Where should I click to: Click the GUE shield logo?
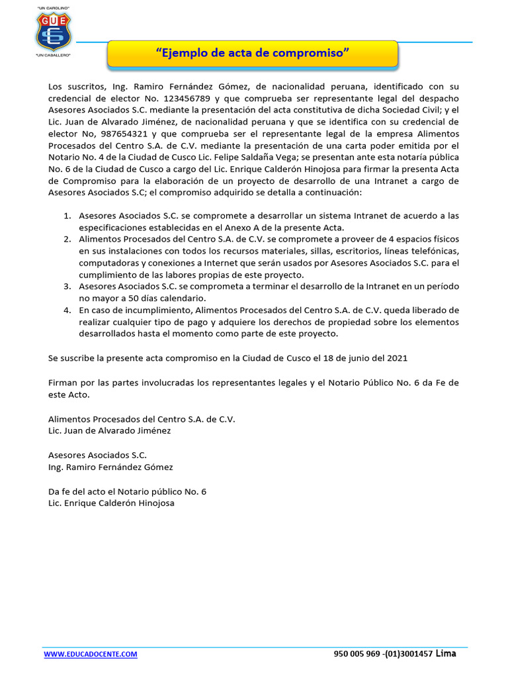pos(52,31)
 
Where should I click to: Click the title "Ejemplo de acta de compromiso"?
pos(252,53)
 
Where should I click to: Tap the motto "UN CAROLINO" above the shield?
pos(52,7)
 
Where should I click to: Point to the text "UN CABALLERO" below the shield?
pos(52,56)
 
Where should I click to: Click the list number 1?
pos(67,216)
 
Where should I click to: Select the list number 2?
pos(67,239)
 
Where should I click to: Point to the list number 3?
pos(67,287)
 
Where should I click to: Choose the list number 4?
pos(67,310)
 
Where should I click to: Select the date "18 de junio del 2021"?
pos(362,358)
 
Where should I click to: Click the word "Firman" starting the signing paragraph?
pos(63,383)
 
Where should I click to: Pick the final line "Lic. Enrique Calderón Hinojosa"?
pos(112,503)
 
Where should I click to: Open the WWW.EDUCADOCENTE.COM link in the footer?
pos(91,654)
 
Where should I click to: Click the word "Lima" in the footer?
pos(446,654)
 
